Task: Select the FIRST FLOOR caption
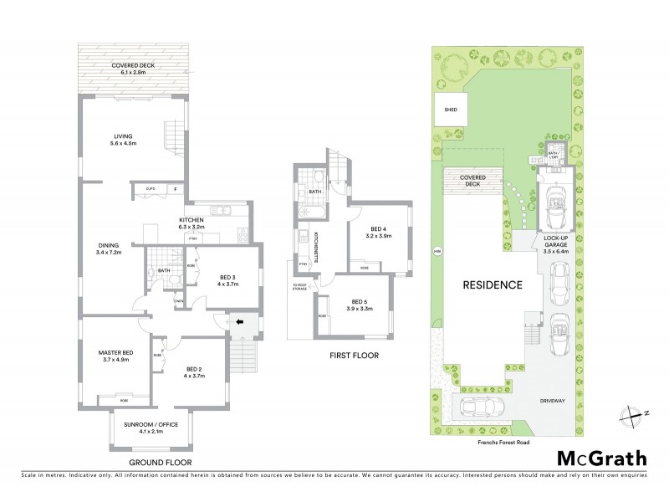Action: (350, 356)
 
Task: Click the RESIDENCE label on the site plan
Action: (493, 284)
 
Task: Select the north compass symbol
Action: (631, 412)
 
